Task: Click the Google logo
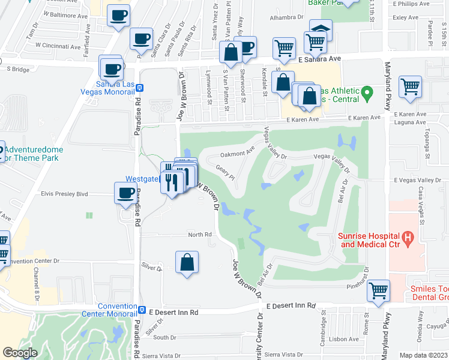(20, 353)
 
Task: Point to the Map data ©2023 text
(423, 355)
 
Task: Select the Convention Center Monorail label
(117, 310)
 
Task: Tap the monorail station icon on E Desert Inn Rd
(142, 310)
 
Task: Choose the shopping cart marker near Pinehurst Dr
(378, 290)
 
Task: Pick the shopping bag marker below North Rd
(187, 262)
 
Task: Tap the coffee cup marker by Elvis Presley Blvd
(125, 193)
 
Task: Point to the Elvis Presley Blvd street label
(64, 194)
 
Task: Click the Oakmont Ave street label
(238, 154)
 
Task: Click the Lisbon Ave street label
(345, 339)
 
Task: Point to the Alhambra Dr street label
(284, 18)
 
